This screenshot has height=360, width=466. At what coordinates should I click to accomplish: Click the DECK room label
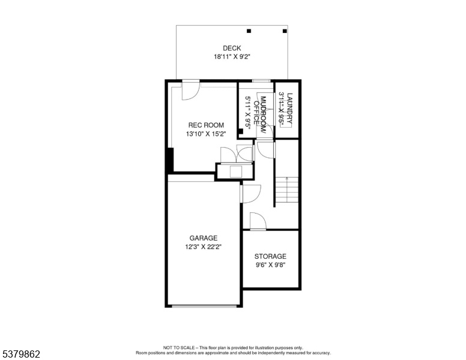pyautogui.click(x=232, y=48)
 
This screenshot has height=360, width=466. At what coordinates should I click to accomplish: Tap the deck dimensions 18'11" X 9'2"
pyautogui.click(x=232, y=57)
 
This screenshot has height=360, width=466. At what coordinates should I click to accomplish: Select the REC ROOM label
pyautogui.click(x=206, y=125)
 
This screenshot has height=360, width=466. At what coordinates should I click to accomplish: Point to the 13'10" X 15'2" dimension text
pyautogui.click(x=206, y=134)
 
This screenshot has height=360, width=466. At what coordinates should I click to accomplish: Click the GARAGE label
pyautogui.click(x=204, y=238)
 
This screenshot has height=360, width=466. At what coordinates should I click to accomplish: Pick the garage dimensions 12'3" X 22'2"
pyautogui.click(x=204, y=247)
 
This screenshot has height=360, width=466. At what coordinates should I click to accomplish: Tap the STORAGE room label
pyautogui.click(x=270, y=256)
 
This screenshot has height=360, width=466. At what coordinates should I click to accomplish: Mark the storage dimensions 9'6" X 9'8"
pyautogui.click(x=270, y=265)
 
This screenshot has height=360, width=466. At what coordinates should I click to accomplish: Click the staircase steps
pyautogui.click(x=287, y=190)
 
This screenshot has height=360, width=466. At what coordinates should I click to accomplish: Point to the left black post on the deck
pyautogui.click(x=249, y=31)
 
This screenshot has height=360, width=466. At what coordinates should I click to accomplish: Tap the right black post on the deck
pyautogui.click(x=285, y=31)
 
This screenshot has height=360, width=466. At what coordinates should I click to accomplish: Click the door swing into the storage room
pyautogui.click(x=258, y=221)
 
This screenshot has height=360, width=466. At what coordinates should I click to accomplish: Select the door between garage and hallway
pyautogui.click(x=250, y=194)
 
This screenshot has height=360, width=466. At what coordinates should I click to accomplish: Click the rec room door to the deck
pyautogui.click(x=190, y=90)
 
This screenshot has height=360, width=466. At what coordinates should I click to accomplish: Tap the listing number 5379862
pyautogui.click(x=21, y=354)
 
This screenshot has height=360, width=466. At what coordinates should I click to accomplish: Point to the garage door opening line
pyautogui.click(x=204, y=305)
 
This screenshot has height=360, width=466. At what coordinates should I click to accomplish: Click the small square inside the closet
pyautogui.click(x=236, y=172)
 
